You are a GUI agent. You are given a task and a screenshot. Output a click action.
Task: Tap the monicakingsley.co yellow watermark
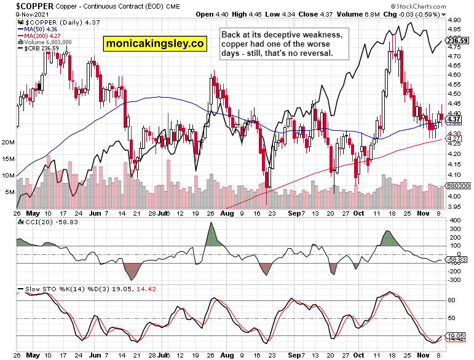coord(155,44)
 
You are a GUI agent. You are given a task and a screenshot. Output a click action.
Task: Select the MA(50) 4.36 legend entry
coord(39,28)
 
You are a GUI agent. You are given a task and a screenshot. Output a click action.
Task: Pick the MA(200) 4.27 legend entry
coord(41,35)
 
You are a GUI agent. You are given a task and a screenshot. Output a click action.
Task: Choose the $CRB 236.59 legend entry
coord(39,49)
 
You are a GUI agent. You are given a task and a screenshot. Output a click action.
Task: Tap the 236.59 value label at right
coord(454,41)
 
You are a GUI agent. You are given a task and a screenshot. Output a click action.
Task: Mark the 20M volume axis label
coord(8,143)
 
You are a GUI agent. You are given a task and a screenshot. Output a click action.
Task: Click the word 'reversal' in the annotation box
coord(320,54)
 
